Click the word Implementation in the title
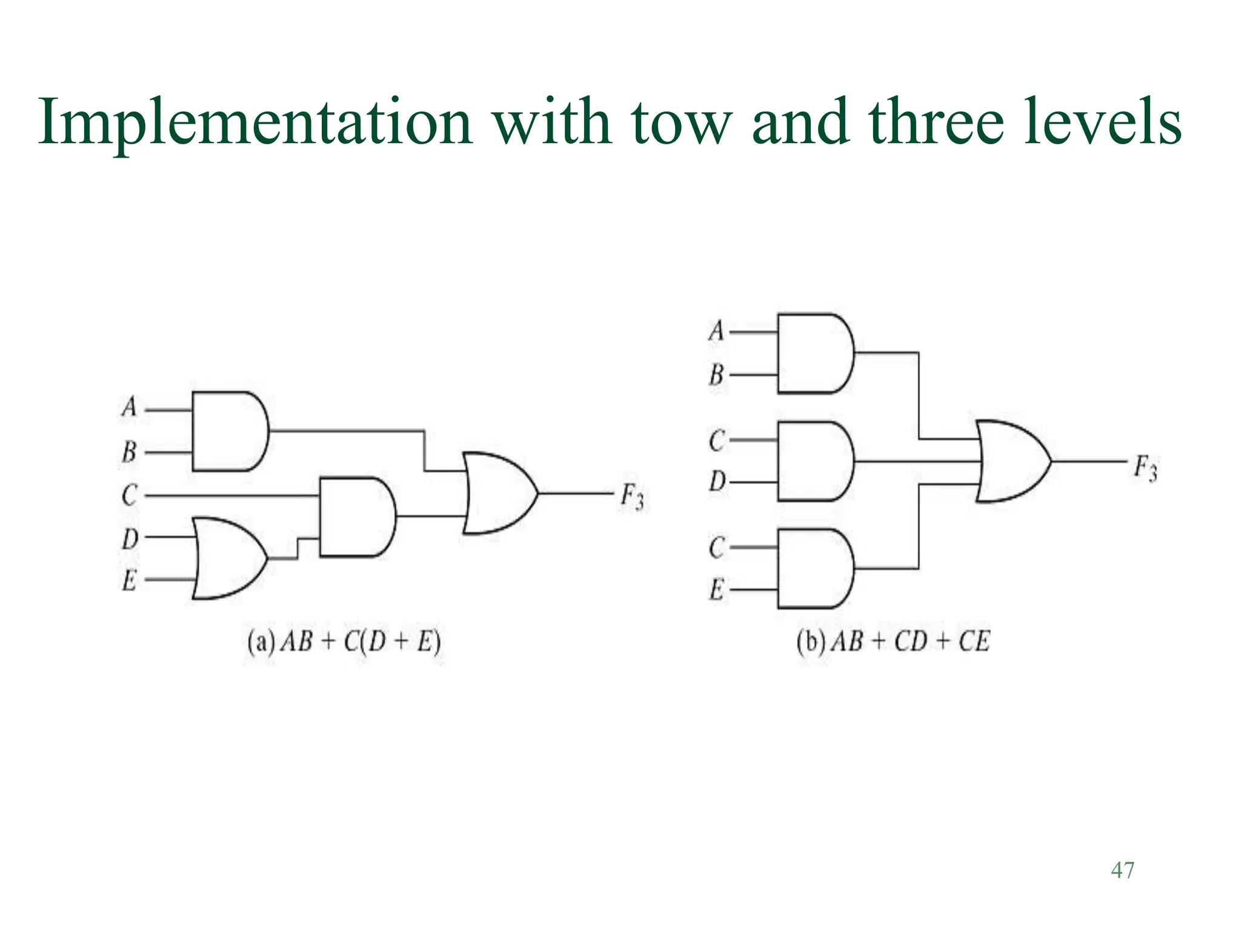click(x=255, y=123)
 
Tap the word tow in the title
click(x=680, y=123)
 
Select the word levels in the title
click(x=1102, y=123)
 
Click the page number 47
click(x=1122, y=870)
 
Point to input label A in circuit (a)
click(x=129, y=407)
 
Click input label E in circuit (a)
click(x=129, y=581)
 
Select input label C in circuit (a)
click(x=129, y=496)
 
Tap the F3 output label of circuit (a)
click(x=632, y=498)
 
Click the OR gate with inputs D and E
click(x=227, y=558)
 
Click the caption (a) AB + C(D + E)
click(x=344, y=642)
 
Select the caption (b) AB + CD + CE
click(x=893, y=642)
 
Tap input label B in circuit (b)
click(x=716, y=375)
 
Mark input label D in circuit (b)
click(x=716, y=482)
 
